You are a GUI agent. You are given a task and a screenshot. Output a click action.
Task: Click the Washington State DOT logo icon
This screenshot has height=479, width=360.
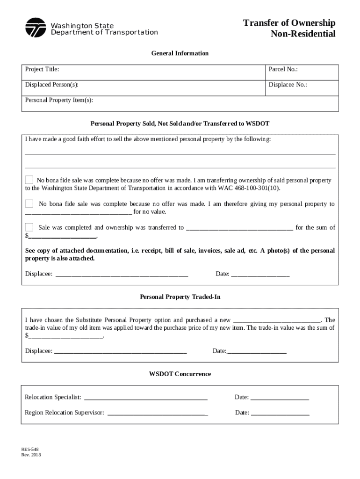36,28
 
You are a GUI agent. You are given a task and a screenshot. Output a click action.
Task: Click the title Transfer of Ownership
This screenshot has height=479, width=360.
289,23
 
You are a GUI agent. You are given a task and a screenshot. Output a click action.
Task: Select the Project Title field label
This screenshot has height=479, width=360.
42,69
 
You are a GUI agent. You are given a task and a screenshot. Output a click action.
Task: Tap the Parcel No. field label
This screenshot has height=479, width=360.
283,69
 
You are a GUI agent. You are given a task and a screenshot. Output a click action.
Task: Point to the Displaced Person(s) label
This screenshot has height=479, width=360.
51,85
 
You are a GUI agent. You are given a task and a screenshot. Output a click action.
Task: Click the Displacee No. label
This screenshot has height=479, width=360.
288,85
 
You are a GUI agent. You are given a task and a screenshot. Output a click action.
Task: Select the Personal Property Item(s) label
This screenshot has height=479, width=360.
59,100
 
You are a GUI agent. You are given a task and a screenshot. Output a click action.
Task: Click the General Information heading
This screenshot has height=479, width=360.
180,53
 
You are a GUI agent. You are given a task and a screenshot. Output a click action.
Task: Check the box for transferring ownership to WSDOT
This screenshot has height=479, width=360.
29,180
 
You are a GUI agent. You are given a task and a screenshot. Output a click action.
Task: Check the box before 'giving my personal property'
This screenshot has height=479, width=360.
29,203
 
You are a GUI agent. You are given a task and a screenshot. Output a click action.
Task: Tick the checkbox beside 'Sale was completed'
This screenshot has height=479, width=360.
29,227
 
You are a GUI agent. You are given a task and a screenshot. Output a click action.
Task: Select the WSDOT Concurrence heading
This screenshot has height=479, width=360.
180,374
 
